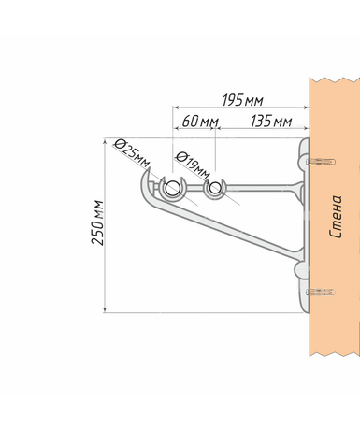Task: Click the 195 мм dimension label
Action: click(x=242, y=100)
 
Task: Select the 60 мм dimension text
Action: click(x=200, y=122)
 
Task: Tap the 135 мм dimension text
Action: click(x=271, y=122)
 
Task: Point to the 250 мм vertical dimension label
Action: click(x=97, y=222)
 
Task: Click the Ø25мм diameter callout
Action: click(x=132, y=153)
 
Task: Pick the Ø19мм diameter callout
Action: click(x=193, y=165)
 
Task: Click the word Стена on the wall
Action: click(x=336, y=216)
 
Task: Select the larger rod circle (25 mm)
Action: click(x=172, y=188)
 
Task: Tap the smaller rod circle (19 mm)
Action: click(x=215, y=188)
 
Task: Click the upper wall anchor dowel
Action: click(x=320, y=162)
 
